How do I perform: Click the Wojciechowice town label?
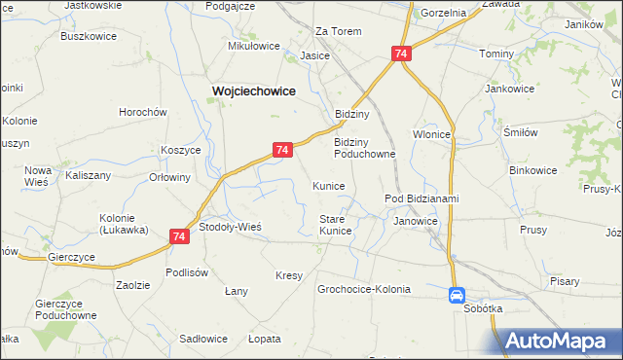point(254,90)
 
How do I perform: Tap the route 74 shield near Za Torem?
point(401,55)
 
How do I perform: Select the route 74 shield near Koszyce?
point(281,150)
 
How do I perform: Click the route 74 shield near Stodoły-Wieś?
point(179,235)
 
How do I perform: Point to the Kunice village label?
point(329,186)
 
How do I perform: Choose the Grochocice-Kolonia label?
point(364,290)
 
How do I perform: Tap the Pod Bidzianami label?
point(421,199)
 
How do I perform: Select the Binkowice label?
point(533,170)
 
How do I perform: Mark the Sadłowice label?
point(203,339)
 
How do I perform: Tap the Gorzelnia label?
point(443,14)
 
